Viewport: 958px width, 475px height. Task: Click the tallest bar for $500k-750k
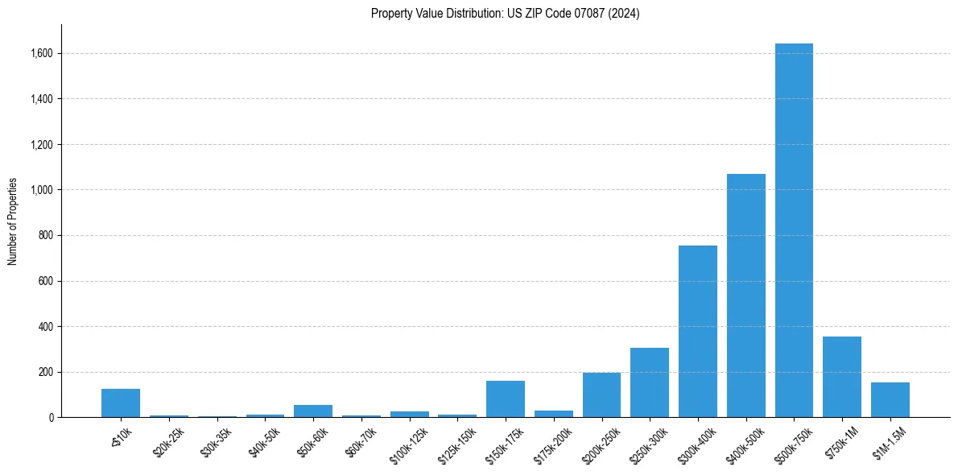pyautogui.click(x=794, y=230)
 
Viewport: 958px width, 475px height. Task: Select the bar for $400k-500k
pyautogui.click(x=745, y=295)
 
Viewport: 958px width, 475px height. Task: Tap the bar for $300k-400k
pyautogui.click(x=697, y=331)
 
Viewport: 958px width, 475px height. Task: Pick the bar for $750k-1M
pyautogui.click(x=842, y=377)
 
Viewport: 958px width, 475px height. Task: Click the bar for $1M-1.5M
pyautogui.click(x=890, y=399)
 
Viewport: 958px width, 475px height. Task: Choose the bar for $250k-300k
pyautogui.click(x=650, y=382)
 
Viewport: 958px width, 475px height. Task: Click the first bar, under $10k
pyautogui.click(x=121, y=403)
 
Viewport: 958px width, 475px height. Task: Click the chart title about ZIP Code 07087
pyautogui.click(x=505, y=14)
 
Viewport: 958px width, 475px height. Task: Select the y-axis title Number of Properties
pyautogui.click(x=13, y=221)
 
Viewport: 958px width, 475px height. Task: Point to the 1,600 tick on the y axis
pyautogui.click(x=43, y=53)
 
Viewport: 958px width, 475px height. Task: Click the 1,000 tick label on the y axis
pyautogui.click(x=43, y=190)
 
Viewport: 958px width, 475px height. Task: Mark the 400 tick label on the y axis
pyautogui.click(x=47, y=327)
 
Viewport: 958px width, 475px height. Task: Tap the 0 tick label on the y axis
pyautogui.click(x=52, y=418)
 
